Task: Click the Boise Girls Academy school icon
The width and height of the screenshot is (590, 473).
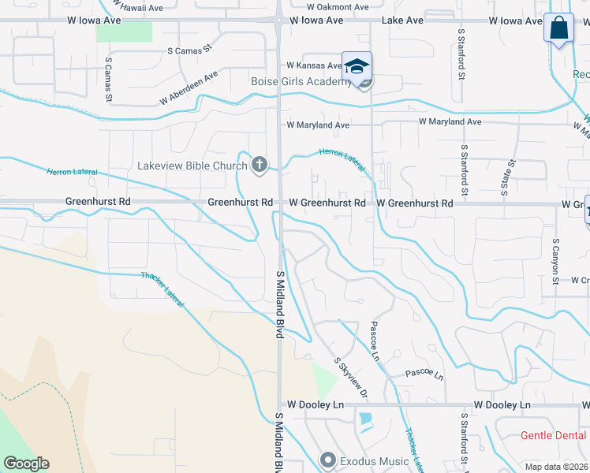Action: [357, 65]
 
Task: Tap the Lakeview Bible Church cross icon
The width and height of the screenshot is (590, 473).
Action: [259, 165]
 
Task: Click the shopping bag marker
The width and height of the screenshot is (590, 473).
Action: [558, 28]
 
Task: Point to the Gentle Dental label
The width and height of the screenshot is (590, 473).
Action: [554, 436]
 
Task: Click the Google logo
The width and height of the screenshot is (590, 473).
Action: [26, 464]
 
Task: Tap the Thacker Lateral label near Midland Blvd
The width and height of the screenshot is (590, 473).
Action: [163, 288]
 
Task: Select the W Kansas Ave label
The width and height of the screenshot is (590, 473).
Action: [314, 65]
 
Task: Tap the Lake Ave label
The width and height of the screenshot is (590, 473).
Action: [403, 20]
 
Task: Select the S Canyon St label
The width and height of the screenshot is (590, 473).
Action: [556, 261]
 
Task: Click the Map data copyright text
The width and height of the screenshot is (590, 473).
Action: [555, 467]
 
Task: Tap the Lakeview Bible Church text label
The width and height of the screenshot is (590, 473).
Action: [192, 166]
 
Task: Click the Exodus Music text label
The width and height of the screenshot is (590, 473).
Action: [374, 461]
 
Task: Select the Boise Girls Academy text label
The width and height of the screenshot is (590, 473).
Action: [301, 82]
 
